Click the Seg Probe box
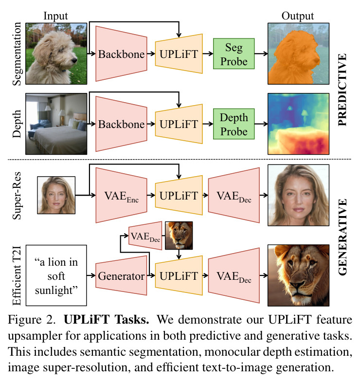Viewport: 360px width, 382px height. [x=234, y=54]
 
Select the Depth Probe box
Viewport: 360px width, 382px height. [x=234, y=124]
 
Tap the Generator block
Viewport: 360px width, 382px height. [x=121, y=275]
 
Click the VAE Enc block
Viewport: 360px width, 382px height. [x=121, y=195]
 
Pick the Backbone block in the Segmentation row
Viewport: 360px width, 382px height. [x=121, y=54]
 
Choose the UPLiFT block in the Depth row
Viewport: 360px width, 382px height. [x=179, y=124]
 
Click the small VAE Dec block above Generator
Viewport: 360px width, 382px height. [x=145, y=236]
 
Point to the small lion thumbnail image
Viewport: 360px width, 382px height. [x=179, y=236]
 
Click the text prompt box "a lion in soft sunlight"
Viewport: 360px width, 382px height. [x=56, y=275]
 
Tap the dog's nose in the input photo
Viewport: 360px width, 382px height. [x=74, y=60]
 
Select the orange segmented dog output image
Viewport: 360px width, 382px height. [x=298, y=54]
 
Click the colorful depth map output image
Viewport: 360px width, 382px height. [x=298, y=124]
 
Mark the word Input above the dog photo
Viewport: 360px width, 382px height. [x=55, y=16]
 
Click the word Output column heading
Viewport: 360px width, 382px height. [x=298, y=17]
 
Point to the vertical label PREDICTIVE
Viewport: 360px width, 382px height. [x=342, y=90]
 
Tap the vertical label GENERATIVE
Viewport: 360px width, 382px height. [x=342, y=237]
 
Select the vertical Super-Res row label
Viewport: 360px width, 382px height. [x=17, y=196]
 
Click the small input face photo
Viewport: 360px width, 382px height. [x=56, y=195]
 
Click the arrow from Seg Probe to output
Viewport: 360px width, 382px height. [x=261, y=54]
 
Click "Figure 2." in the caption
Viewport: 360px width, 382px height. [x=32, y=320]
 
